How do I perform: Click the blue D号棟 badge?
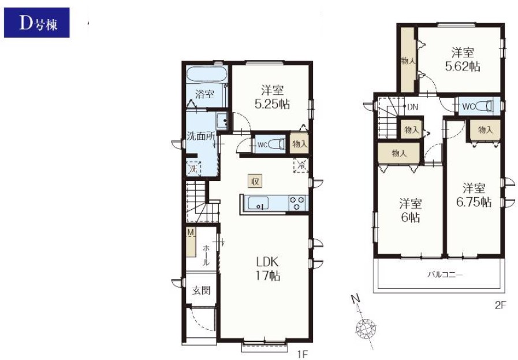tap(36, 23)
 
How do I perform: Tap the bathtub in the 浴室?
tap(207, 74)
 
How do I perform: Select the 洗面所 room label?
tap(201, 136)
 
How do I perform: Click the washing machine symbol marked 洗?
tap(193, 169)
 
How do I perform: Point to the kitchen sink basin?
tap(258, 202)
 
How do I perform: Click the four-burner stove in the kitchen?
tap(297, 202)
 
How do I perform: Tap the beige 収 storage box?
tap(255, 181)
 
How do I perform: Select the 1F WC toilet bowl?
tap(276, 144)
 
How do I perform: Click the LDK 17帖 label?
tap(268, 269)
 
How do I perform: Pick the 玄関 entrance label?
tap(201, 291)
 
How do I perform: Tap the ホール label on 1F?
tap(206, 255)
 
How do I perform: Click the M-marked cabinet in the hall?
tap(191, 242)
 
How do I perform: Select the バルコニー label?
tap(445, 274)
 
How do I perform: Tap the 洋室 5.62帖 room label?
tap(463, 60)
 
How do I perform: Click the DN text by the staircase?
tap(413, 107)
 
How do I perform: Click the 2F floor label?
tap(500, 305)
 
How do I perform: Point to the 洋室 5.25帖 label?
tap(272, 97)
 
